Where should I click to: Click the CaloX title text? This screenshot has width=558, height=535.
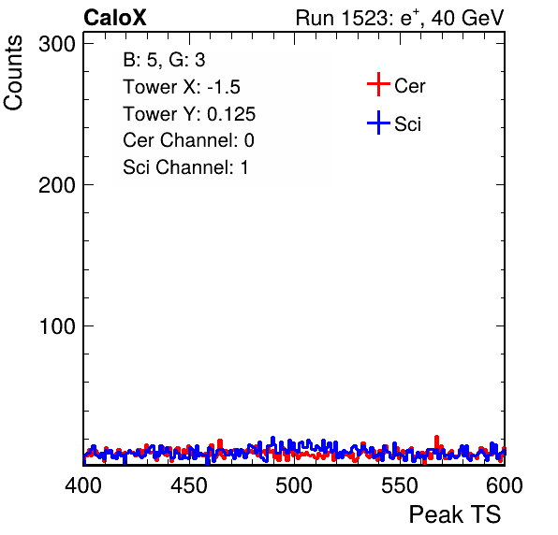click(115, 18)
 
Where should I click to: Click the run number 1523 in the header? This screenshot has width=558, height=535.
click(364, 18)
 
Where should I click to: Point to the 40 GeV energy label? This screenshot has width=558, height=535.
click(468, 18)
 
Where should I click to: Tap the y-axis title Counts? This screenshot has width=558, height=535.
click(13, 73)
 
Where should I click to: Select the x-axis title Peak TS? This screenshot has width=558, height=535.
click(455, 514)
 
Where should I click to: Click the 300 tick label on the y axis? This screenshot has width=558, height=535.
click(57, 45)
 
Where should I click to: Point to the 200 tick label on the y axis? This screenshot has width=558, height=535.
click(57, 185)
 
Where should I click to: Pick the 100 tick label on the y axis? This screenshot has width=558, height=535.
click(57, 326)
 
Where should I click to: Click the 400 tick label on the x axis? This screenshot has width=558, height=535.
click(83, 485)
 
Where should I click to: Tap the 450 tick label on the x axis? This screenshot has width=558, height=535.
click(188, 485)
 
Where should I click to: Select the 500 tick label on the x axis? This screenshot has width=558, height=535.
click(294, 485)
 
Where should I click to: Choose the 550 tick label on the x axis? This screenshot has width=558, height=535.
click(399, 485)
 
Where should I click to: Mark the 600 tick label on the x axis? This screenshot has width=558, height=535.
click(505, 485)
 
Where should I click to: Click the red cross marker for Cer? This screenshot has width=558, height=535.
click(378, 84)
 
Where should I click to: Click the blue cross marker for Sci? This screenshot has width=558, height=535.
click(378, 123)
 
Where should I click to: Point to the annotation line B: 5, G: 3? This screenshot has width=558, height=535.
click(164, 60)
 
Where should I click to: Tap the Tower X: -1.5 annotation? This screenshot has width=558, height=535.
click(182, 87)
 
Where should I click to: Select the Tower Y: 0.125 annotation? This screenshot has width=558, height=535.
click(189, 114)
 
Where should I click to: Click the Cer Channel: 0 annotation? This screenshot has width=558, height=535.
click(188, 140)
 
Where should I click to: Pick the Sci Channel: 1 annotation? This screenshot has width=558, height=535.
click(185, 167)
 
